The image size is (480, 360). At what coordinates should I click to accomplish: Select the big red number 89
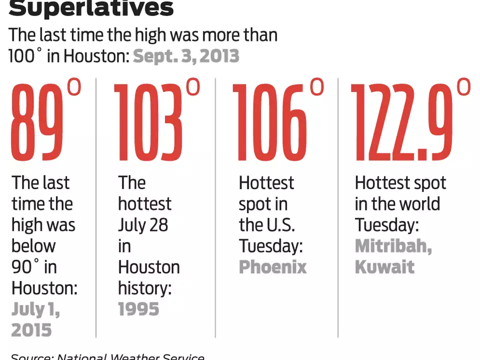pos(38,122)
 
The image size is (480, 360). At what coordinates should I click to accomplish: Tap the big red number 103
pos(148,122)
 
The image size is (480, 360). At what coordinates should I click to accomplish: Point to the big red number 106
pos(269,122)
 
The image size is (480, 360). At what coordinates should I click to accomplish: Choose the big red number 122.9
pos(402,122)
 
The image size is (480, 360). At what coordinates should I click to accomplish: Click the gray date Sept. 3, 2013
pos(186,56)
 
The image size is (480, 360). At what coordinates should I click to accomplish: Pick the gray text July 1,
pos(35,309)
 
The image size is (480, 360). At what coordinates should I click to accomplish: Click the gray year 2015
pos(31,330)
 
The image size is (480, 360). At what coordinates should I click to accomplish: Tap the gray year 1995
pos(138,309)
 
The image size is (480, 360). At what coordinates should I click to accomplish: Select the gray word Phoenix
pos(272,267)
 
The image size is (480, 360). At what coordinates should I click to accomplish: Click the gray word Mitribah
pos(393,246)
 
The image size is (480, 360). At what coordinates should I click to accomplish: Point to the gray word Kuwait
pos(384,267)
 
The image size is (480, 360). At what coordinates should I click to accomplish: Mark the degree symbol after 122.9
pos(463,87)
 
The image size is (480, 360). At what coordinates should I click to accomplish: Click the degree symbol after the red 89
pos(73,88)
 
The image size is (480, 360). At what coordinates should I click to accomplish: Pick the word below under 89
pos(33,246)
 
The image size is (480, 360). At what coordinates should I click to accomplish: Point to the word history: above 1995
pos(144,288)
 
